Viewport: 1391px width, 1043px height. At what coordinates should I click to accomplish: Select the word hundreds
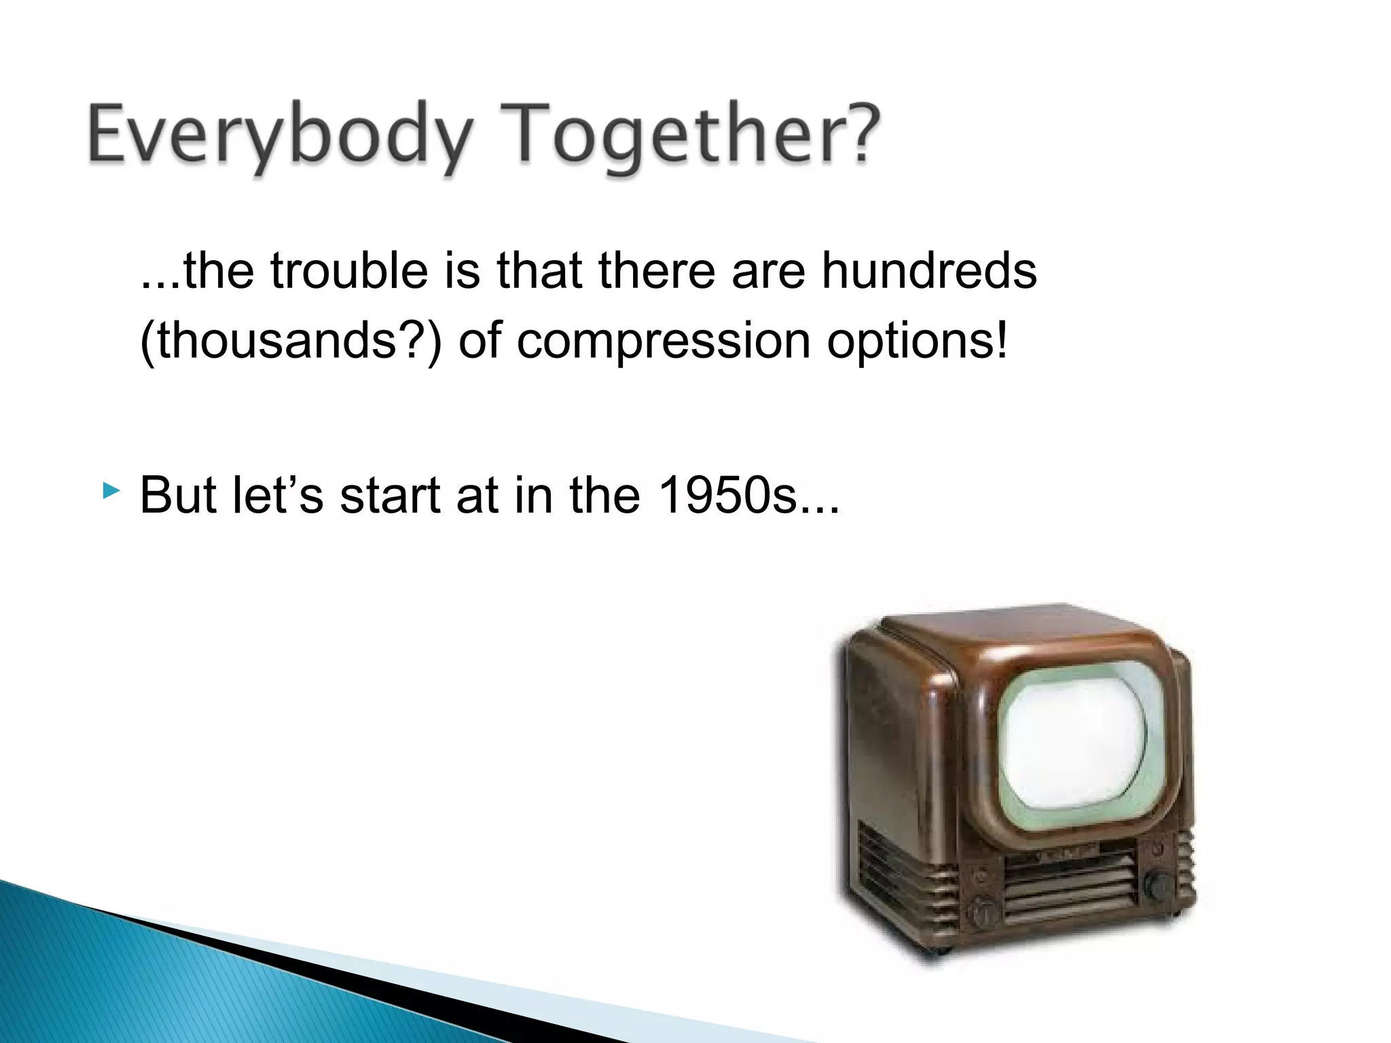click(x=928, y=271)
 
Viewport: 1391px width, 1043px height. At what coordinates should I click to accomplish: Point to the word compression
click(x=663, y=342)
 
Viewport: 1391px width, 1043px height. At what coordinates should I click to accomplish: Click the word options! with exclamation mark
click(x=916, y=342)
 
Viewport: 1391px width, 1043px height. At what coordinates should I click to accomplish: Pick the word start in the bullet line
click(x=390, y=496)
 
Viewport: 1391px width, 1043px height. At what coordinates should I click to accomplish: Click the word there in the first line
click(x=657, y=271)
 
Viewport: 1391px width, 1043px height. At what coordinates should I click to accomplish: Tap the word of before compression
click(x=480, y=340)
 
